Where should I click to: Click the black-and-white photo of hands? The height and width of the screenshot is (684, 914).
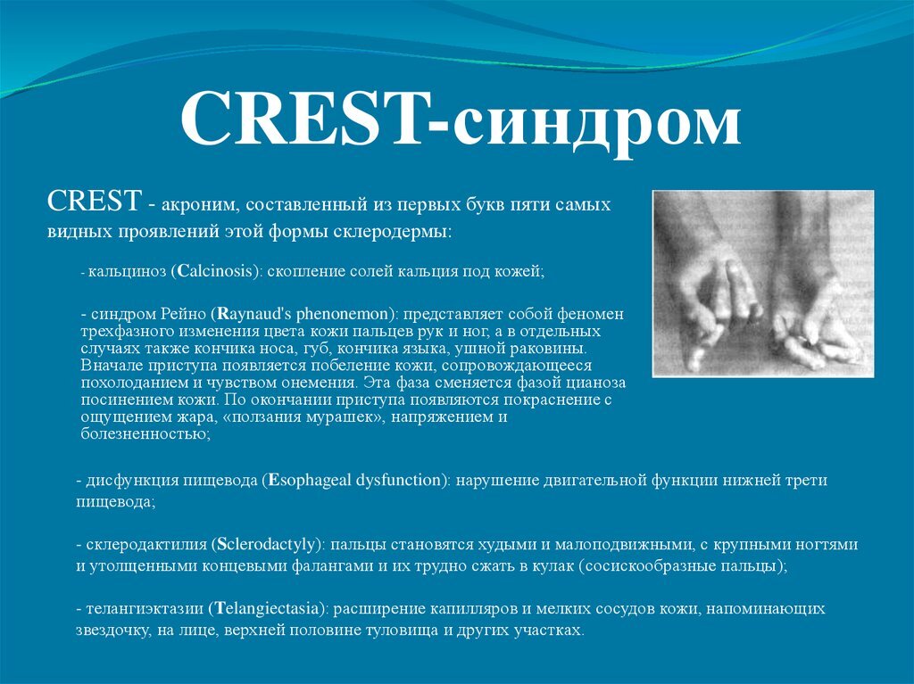tap(763, 283)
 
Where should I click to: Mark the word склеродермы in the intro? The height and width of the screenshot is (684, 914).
tap(406, 231)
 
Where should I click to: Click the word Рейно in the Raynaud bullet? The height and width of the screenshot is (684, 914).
tap(185, 315)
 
